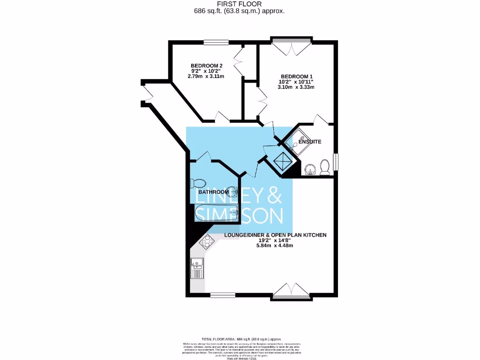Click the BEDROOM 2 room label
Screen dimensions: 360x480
point(206,66)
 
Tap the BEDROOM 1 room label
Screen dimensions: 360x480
point(296,76)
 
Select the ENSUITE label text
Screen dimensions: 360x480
point(309,142)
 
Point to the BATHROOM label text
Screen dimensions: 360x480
point(213,192)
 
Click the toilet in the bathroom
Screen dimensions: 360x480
point(197,183)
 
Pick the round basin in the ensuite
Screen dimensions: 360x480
point(309,169)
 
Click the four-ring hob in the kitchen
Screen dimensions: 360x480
point(206,242)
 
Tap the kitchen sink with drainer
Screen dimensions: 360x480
point(197,269)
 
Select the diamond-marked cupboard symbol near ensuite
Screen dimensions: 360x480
point(283,162)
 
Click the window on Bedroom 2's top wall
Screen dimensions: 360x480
point(216,42)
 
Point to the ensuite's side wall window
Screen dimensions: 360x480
point(335,162)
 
